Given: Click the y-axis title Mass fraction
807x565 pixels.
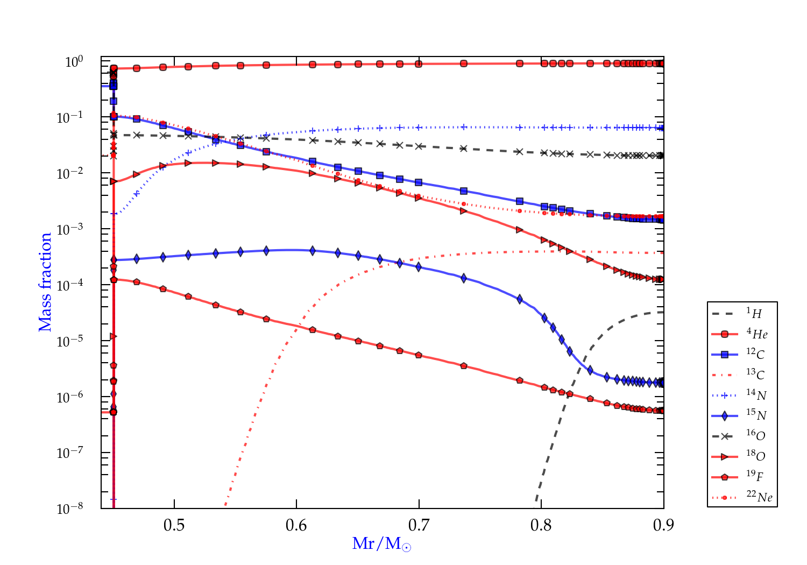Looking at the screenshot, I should [45, 282].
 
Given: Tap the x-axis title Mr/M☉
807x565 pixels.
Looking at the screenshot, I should [381, 544].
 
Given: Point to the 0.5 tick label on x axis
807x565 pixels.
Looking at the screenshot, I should [174, 525].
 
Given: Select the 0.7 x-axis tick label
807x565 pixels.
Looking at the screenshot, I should [419, 525].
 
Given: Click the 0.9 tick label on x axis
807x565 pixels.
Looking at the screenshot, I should [663, 525].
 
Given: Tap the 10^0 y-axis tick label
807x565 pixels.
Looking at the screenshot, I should [74, 62].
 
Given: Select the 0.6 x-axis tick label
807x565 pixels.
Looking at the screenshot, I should [296, 525].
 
